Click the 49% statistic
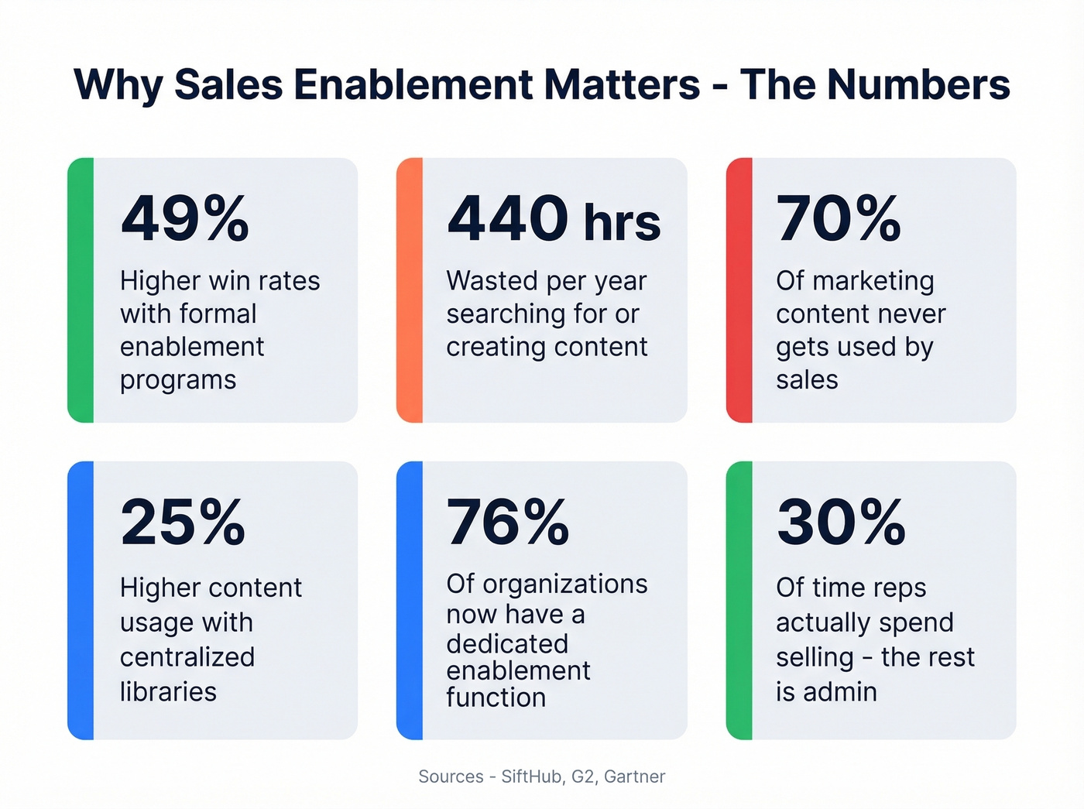click(185, 219)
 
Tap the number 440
click(508, 219)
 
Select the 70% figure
click(839, 219)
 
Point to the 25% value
click(184, 523)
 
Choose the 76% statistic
click(508, 523)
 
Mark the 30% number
click(841, 523)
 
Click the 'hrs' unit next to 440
click(622, 223)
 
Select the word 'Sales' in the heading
click(228, 84)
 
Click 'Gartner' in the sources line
click(634, 776)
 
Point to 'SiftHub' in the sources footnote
click(532, 776)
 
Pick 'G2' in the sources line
click(583, 776)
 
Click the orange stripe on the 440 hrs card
click(410, 290)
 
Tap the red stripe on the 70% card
click(739, 290)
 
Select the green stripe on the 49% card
click(81, 290)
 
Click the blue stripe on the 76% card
click(410, 600)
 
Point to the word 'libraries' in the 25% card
click(168, 691)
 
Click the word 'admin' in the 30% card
click(840, 691)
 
